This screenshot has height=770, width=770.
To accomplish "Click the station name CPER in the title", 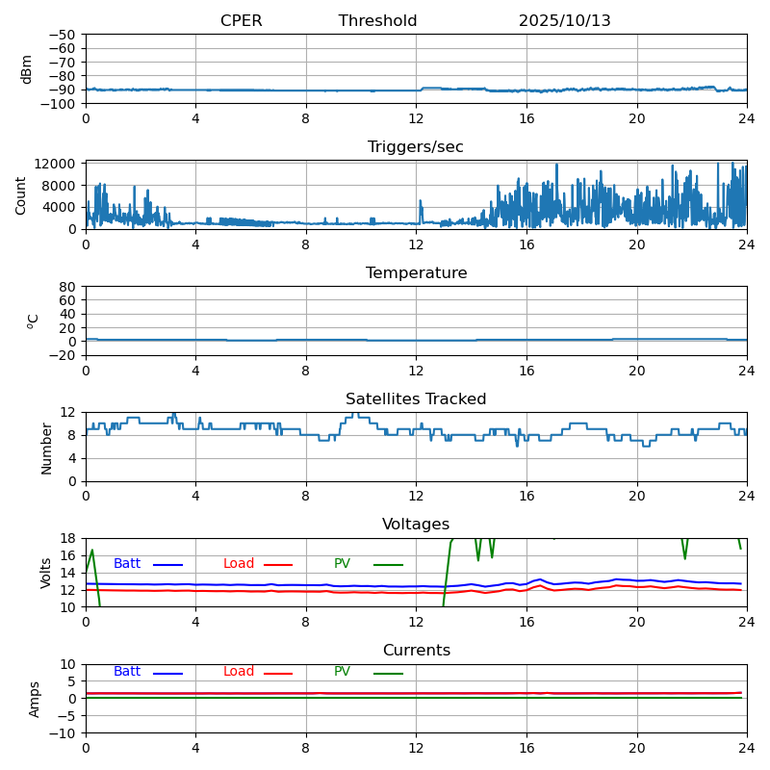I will click(241, 21).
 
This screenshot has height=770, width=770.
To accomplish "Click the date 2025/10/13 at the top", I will click(564, 21).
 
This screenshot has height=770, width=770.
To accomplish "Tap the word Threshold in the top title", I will click(377, 21).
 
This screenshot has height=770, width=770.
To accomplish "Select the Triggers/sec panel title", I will click(416, 147).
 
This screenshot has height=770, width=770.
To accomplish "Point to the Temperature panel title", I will click(416, 273).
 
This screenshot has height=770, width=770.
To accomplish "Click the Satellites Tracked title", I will click(416, 399).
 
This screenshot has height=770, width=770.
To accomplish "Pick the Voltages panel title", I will click(416, 525).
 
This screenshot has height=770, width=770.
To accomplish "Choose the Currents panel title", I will click(416, 651).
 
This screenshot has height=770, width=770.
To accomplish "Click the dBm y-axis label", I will click(27, 68).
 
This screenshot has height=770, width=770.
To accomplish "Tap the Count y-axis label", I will click(21, 194).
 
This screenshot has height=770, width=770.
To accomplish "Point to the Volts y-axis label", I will click(46, 573).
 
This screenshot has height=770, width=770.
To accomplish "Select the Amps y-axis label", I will click(36, 699).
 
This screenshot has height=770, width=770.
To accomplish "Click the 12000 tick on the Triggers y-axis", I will click(57, 165).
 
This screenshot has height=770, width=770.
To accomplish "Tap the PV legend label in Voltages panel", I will click(342, 564).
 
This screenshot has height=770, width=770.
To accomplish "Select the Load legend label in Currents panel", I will click(239, 672).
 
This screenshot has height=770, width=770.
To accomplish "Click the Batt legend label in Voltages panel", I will click(127, 564).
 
